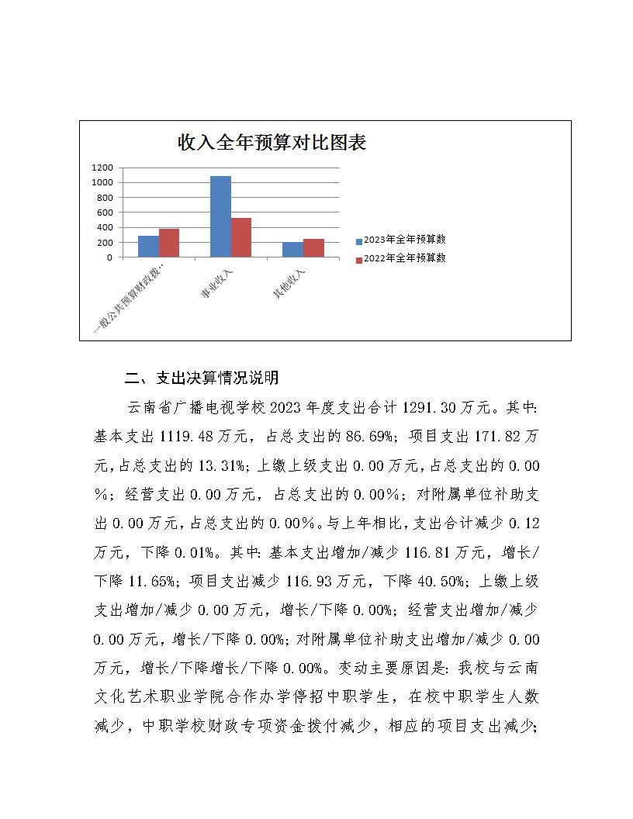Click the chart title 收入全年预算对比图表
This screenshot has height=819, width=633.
click(x=272, y=143)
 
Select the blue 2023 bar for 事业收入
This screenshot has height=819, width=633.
click(x=220, y=216)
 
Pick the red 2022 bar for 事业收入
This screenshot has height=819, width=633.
click(x=240, y=237)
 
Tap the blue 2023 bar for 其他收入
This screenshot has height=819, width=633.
click(x=292, y=250)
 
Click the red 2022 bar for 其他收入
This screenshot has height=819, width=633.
click(x=313, y=248)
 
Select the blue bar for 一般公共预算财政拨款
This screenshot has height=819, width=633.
click(x=148, y=247)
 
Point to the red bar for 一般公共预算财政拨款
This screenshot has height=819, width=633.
click(x=169, y=243)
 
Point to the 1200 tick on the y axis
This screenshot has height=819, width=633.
click(x=103, y=168)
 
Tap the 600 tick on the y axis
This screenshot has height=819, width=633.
click(x=105, y=213)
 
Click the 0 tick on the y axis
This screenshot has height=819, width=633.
click(x=109, y=257)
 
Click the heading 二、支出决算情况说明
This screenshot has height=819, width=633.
click(x=202, y=378)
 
